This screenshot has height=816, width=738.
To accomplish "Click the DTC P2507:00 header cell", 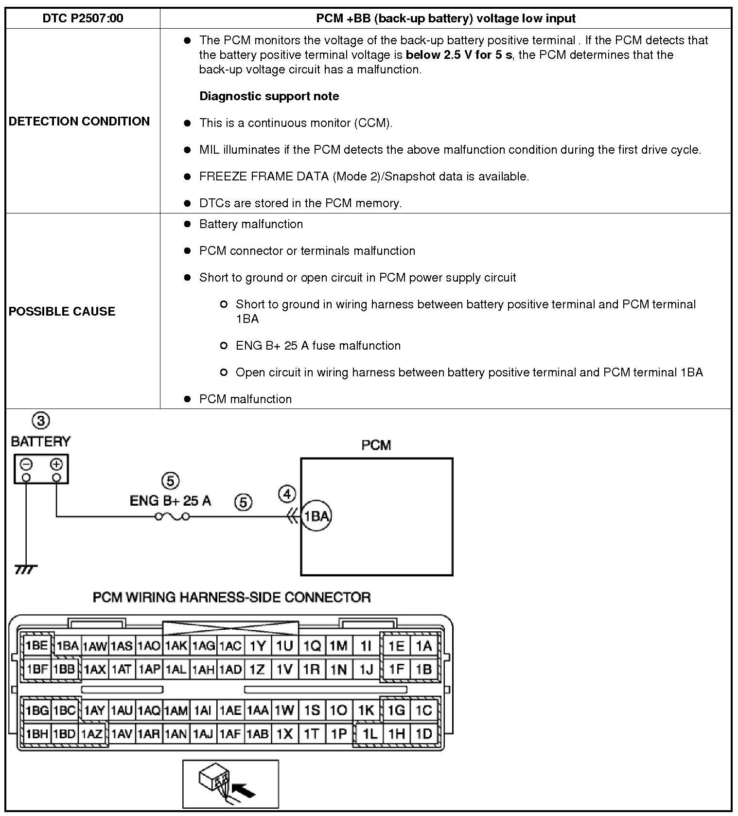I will pos(83,18).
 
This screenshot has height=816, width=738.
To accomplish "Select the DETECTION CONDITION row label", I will pos(79,121).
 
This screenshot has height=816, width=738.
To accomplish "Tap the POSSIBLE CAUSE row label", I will pos(62,311).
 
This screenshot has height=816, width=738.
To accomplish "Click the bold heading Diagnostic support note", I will pos(269,96).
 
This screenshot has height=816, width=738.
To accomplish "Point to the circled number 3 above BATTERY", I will pos(41,421).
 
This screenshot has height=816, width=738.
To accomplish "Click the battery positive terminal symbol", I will pos(56,464).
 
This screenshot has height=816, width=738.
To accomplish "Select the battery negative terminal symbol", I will pos(26,464).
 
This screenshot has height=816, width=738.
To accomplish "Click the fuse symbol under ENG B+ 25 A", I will pos(172,516).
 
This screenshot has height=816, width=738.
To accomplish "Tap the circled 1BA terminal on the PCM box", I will pos(316,516).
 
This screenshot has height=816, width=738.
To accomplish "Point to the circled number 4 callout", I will pos(287,494).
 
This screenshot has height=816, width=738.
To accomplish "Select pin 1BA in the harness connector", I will pos(68,646).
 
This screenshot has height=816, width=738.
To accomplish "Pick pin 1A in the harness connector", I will pos(423,646).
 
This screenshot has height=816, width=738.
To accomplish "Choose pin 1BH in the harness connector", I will pos(37,733).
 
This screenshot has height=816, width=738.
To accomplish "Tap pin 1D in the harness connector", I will pos(423,733).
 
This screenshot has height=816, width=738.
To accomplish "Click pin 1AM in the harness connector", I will pos(176,710).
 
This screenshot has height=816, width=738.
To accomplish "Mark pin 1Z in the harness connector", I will pos(257,670).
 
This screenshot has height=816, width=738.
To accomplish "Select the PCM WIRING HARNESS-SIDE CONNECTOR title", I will pos(231,597).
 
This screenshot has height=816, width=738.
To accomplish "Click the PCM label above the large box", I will pos(376,445).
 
